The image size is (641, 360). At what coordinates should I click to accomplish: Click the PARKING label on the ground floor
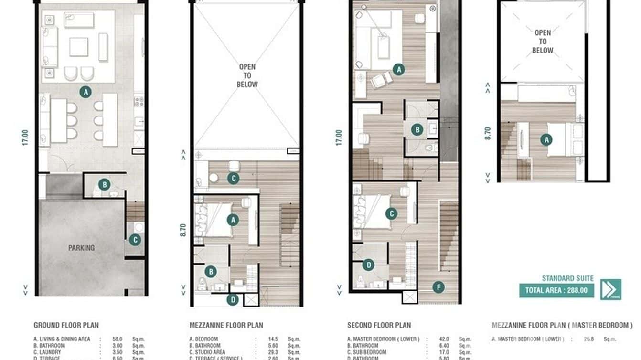[81, 248]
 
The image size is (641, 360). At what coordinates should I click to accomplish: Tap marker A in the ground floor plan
[85, 92]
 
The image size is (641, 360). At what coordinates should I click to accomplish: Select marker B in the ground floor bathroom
[104, 184]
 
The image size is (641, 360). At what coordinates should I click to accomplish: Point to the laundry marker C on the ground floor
[135, 240]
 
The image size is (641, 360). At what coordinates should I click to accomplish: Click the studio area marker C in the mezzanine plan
[233, 179]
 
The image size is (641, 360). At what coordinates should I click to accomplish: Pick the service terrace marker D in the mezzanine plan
[233, 300]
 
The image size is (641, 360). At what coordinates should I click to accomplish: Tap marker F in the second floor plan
[438, 287]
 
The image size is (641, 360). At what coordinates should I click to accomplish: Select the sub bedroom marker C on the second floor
[391, 213]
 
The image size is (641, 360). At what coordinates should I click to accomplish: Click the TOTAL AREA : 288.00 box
[556, 290]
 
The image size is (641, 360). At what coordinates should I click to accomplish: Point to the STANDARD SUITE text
[567, 278]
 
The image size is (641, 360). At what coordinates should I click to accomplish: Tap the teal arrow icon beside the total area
[610, 289]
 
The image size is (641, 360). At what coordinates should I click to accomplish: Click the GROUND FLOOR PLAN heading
[66, 325]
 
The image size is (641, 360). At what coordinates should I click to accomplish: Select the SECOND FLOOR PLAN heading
[379, 326]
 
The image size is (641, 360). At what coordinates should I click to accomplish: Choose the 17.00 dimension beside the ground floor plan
[25, 138]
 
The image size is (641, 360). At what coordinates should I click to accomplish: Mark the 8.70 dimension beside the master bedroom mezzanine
[487, 133]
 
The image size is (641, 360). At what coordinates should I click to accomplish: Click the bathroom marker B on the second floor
[417, 129]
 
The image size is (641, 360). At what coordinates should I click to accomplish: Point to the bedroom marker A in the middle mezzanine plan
[233, 220]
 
